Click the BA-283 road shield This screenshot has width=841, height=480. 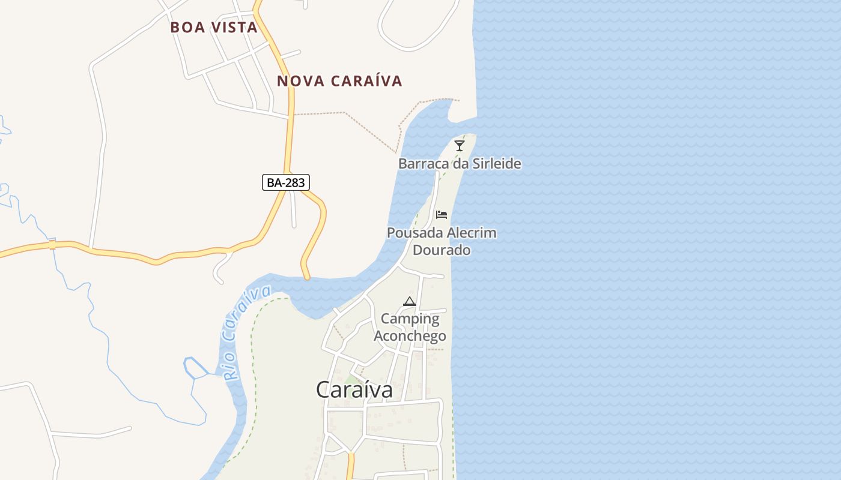click(x=286, y=182)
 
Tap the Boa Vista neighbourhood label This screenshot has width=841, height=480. click(x=214, y=28)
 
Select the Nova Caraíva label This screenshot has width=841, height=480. click(x=339, y=81)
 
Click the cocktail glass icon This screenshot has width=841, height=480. click(x=460, y=146)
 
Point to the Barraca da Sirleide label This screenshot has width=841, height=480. click(x=460, y=164)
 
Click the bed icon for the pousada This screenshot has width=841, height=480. click(x=442, y=215)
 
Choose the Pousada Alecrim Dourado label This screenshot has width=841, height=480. click(x=442, y=241)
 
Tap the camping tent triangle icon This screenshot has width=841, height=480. click(x=410, y=301)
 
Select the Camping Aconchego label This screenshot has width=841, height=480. click(x=410, y=328)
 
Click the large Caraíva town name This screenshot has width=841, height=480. click(x=354, y=390)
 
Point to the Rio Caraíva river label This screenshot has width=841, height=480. click(x=246, y=333)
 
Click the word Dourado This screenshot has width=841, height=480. click(x=442, y=250)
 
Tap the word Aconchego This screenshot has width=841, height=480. click(x=410, y=336)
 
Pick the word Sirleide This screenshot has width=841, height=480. click(x=492, y=164)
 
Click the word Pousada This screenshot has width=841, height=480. click(x=415, y=233)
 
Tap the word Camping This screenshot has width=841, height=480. click(x=410, y=319)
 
